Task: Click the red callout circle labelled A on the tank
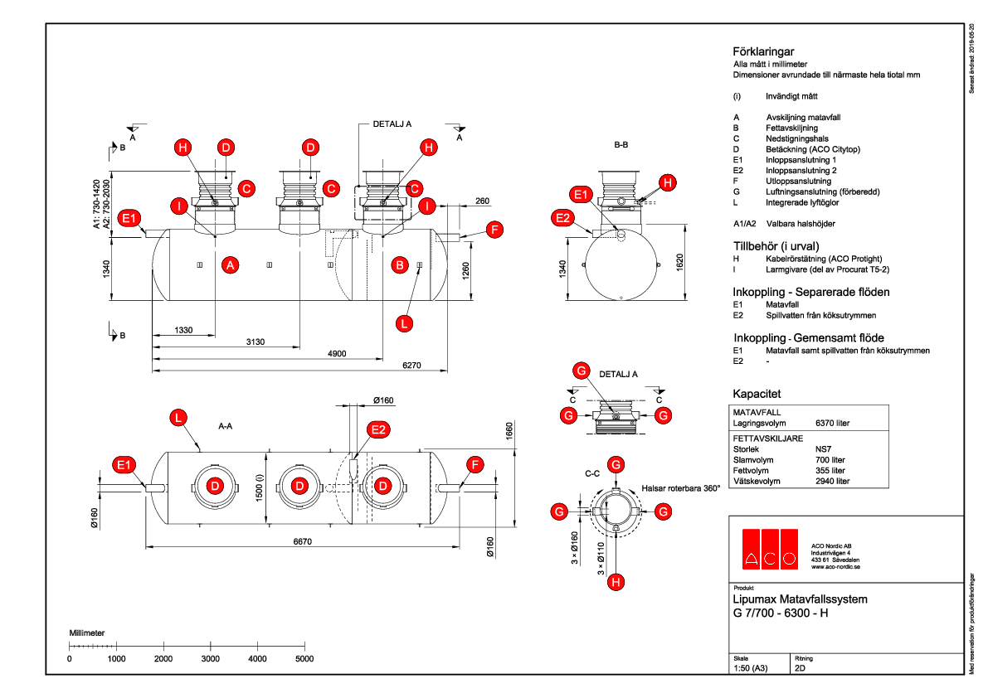[231, 265]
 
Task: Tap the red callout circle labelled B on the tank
[400, 265]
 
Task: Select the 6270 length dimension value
[413, 366]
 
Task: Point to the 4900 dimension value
[336, 354]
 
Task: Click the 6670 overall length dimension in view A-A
[302, 541]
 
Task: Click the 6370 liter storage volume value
[833, 423]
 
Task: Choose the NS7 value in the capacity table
[825, 448]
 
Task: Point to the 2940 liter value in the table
[833, 481]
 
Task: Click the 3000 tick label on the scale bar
[211, 658]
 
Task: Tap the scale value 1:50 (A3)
[752, 667]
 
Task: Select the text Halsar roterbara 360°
[680, 488]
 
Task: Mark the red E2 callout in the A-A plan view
[378, 429]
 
